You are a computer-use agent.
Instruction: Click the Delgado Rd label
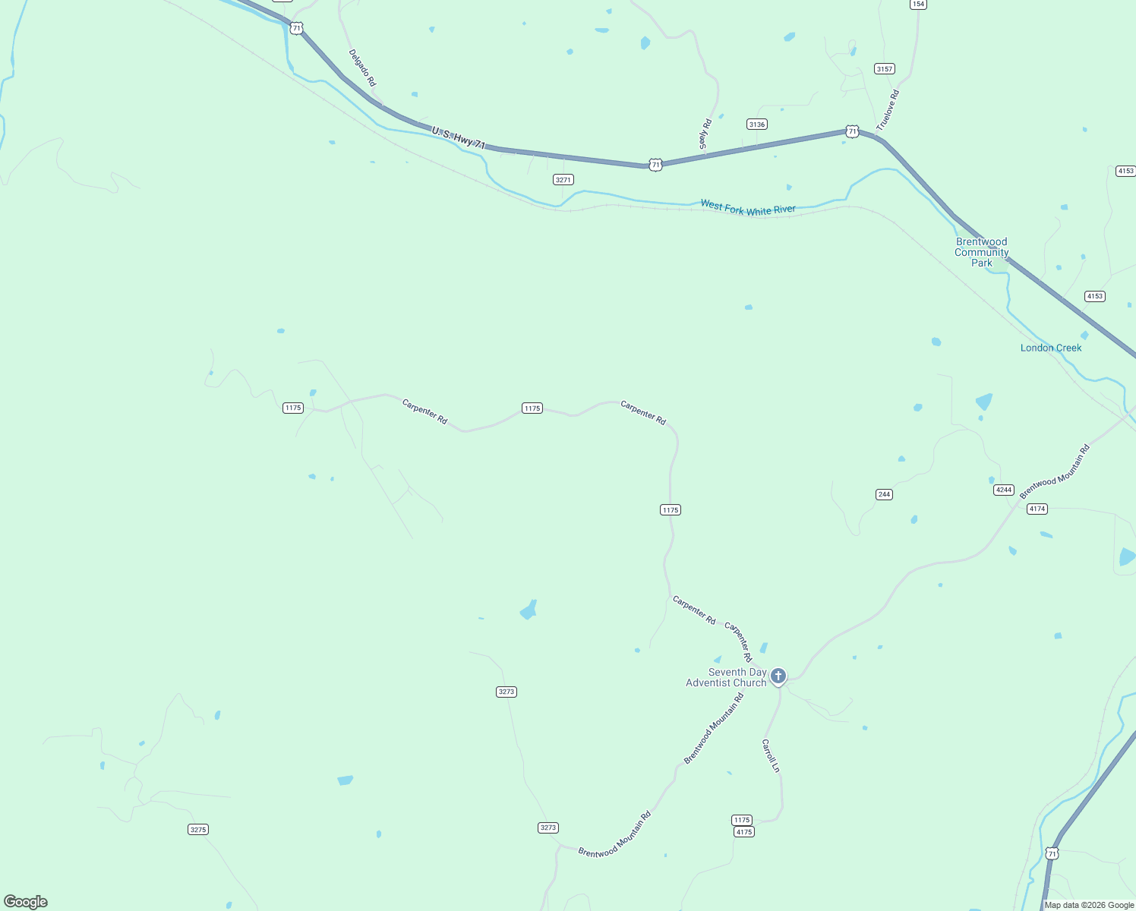[362, 68]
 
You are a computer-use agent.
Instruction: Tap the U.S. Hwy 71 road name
[458, 137]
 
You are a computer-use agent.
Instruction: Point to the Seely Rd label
[705, 134]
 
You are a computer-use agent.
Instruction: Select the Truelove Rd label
[888, 110]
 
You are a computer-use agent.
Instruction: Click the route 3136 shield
[756, 125]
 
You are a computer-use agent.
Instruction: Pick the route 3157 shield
[885, 69]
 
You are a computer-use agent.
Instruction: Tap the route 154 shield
[918, 5]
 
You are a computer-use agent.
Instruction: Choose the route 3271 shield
[563, 180]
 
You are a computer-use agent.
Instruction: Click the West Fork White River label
[748, 207]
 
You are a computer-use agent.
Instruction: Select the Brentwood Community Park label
[982, 252]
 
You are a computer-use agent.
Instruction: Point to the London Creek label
[1051, 348]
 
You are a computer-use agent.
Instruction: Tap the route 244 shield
[884, 494]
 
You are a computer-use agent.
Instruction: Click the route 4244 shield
[1004, 490]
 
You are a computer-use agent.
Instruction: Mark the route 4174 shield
[1037, 509]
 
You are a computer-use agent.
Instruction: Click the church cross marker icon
[778, 676]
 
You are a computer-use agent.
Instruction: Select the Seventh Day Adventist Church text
[726, 677]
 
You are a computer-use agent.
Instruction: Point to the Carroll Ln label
[771, 755]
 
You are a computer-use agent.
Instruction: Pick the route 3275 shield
[198, 830]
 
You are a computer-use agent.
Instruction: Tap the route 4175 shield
[744, 832]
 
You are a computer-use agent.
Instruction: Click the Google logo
[26, 902]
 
